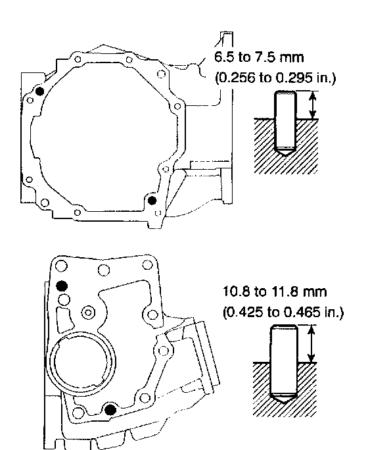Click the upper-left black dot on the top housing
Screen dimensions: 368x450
(x=39, y=91)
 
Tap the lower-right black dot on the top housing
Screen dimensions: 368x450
(x=152, y=201)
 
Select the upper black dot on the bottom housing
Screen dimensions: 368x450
(x=62, y=286)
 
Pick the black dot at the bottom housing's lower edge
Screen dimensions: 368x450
(x=110, y=409)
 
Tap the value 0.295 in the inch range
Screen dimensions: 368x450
(x=294, y=78)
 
